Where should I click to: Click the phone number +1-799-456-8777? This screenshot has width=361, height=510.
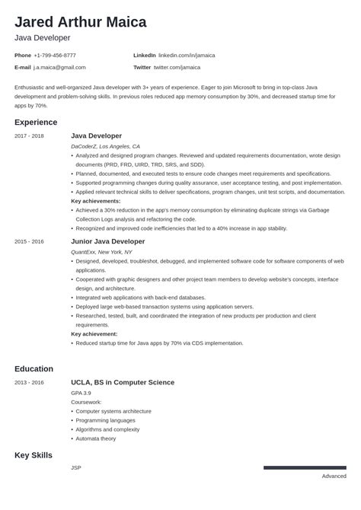pos(55,56)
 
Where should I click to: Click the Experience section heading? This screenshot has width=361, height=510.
pos(36,122)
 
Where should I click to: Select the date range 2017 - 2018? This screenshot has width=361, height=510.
pos(29,135)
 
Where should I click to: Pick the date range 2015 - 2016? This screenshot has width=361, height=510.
pos(29,241)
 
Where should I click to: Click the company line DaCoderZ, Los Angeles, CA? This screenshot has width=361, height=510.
pos(105,145)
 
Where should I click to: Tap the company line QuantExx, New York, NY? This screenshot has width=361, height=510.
pos(101,251)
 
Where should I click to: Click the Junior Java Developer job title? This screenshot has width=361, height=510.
pos(107,241)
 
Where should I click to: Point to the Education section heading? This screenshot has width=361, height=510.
pos(34,368)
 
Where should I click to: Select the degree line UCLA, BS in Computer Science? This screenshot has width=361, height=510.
pos(123,382)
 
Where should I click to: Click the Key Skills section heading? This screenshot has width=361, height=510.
pos(34,454)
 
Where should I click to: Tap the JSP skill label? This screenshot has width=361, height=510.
pos(75,467)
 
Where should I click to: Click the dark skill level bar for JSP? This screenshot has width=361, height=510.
pos(305,467)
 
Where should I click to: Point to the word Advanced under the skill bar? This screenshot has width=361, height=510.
pos(334,477)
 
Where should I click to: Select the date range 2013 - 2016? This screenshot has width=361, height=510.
pos(29,382)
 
